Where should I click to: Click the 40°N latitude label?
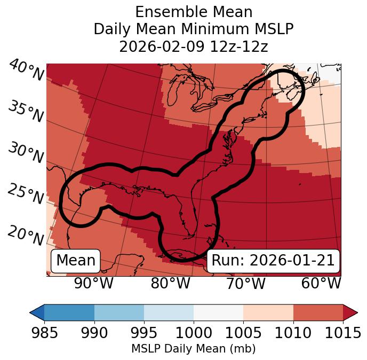[x=26, y=71]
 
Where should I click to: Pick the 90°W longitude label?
[x=93, y=283]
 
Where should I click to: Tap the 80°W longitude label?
[x=171, y=283]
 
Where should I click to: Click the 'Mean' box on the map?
[x=76, y=261]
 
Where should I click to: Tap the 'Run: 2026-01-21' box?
[x=273, y=261]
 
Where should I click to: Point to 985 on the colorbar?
[x=44, y=333]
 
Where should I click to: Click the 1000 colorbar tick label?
[x=194, y=333]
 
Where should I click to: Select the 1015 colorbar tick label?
[x=342, y=333]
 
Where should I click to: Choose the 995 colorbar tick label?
[x=144, y=333]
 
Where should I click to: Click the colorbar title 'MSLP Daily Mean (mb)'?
[x=193, y=349]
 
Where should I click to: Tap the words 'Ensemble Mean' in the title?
[x=193, y=12]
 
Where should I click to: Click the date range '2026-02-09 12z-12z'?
[x=193, y=46]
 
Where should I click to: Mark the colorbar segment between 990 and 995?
[x=119, y=312]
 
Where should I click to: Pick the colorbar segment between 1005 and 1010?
[x=268, y=312]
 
